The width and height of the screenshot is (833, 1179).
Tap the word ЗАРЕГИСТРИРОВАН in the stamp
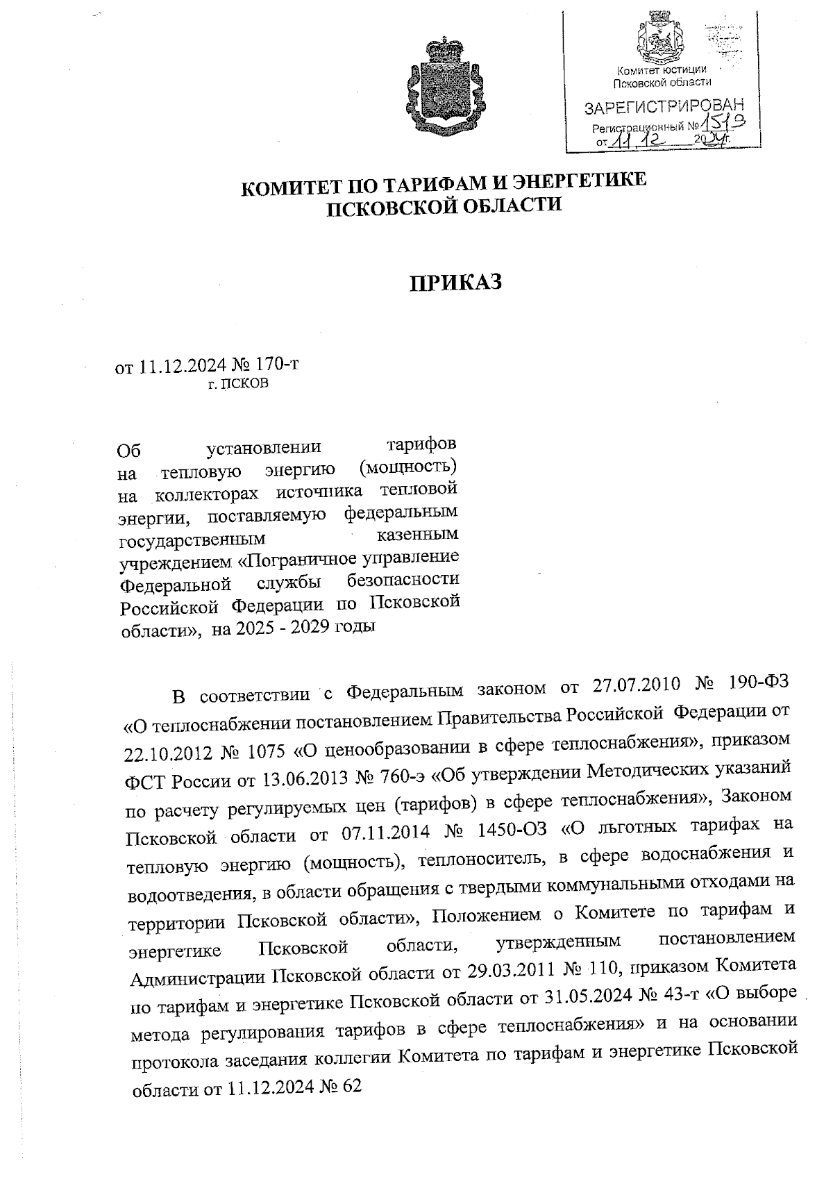(664, 107)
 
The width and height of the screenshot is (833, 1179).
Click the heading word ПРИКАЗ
(454, 283)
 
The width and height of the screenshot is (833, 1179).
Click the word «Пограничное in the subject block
(296, 558)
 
